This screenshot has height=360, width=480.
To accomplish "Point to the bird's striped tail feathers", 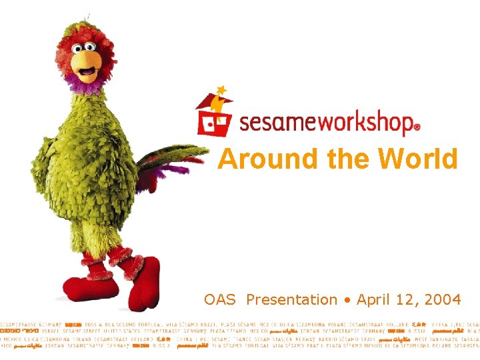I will [x=170, y=160].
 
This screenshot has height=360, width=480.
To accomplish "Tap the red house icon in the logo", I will [x=213, y=117].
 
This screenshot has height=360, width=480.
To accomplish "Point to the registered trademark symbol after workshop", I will [x=417, y=126].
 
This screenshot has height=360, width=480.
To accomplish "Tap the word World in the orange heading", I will [x=417, y=159].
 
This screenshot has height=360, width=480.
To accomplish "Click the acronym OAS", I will [x=220, y=300].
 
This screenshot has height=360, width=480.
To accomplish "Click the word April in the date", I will [x=375, y=300].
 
